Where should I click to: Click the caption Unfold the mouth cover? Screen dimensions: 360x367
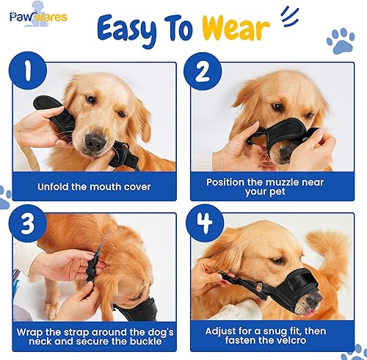[x=95, y=187]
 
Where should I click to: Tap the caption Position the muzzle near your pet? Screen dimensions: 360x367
[x=275, y=187]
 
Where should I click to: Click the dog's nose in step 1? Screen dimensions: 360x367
[x=95, y=140]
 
